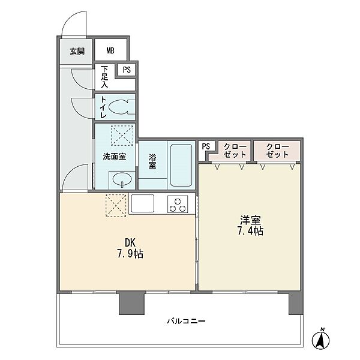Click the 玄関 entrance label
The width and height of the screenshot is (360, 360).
pyautogui.click(x=77, y=51)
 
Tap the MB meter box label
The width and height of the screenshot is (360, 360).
pyautogui.click(x=110, y=50)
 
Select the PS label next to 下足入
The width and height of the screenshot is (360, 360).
pyautogui.click(x=127, y=70)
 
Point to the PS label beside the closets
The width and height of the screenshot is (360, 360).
pyautogui.click(x=206, y=146)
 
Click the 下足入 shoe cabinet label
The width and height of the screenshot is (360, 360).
pyautogui.click(x=104, y=77)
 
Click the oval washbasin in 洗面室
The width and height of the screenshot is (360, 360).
pyautogui.click(x=122, y=179)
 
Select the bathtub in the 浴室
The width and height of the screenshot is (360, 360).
pyautogui.click(x=181, y=165)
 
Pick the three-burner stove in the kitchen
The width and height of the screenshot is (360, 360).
pyautogui.click(x=178, y=204)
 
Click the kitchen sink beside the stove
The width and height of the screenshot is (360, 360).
pyautogui.click(x=142, y=203)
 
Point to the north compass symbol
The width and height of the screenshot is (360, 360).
pyautogui.click(x=321, y=338)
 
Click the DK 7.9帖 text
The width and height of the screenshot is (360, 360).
pyautogui.click(x=130, y=248)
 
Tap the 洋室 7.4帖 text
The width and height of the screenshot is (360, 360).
pyautogui.click(x=250, y=225)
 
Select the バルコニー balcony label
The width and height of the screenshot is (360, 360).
pyautogui.click(x=186, y=321)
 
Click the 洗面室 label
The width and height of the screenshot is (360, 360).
pyautogui.click(x=115, y=157)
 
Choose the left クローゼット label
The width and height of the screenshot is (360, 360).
pyautogui.click(x=235, y=151)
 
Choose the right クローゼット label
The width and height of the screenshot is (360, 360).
pyautogui.click(x=277, y=151)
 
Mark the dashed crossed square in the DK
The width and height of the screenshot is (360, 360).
pyautogui.click(x=116, y=205)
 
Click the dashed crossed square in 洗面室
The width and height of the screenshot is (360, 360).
pyautogui.click(x=122, y=136)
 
